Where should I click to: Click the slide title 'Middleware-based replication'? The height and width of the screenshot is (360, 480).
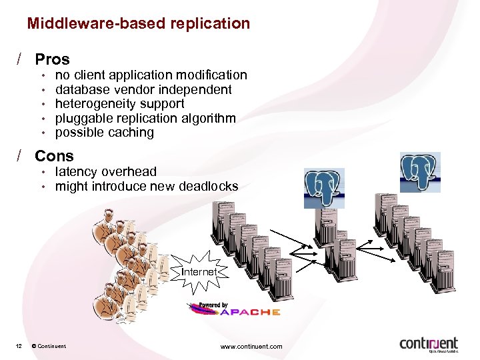[138, 24]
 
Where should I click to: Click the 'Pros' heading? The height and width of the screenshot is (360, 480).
[52, 59]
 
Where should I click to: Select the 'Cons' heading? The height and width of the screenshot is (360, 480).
[54, 156]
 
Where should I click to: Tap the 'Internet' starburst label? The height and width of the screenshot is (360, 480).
[199, 272]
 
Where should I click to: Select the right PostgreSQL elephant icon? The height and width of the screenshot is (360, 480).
[420, 172]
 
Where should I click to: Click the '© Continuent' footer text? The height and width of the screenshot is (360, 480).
[49, 346]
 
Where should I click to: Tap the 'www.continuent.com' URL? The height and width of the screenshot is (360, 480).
[251, 346]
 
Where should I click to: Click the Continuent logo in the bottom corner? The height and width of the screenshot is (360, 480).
[428, 344]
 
